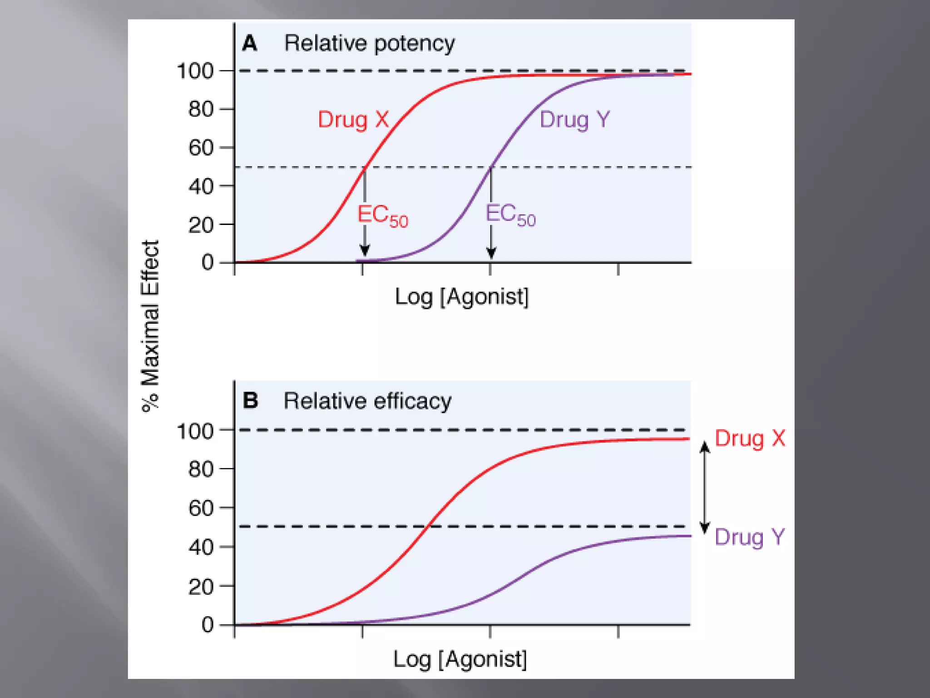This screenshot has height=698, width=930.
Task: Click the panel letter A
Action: [250, 44]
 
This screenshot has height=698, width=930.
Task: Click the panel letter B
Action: [250, 401]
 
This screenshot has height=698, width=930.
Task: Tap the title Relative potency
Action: [369, 44]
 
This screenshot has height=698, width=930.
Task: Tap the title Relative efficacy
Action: [367, 401]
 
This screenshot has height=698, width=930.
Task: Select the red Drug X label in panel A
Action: [353, 120]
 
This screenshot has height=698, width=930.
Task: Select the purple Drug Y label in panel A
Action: [574, 120]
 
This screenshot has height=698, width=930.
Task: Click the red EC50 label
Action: [382, 215]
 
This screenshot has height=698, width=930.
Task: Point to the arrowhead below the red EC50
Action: [365, 250]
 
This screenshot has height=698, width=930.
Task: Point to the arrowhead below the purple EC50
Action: [491, 252]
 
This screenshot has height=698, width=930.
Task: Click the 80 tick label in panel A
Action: [201, 110]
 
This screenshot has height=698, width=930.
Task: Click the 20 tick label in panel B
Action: [201, 587]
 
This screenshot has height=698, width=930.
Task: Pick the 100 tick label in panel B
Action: [195, 431]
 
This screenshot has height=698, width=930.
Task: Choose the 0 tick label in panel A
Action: [208, 263]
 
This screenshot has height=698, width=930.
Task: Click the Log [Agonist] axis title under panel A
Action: [462, 297]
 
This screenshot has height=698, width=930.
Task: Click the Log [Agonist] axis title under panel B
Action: [460, 659]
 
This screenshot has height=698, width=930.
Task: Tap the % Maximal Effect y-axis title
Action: [150, 326]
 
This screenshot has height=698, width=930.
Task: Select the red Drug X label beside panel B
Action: [750, 439]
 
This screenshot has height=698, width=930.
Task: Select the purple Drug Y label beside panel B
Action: [749, 537]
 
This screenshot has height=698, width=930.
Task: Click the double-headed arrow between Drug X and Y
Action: [704, 487]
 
